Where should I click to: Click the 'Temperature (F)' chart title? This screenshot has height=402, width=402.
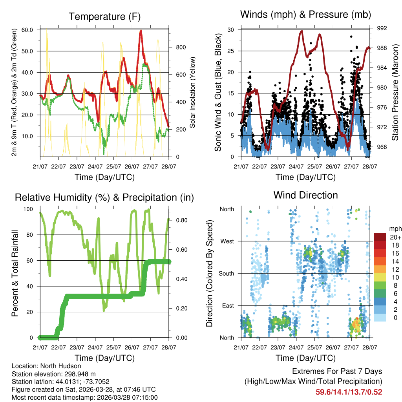(104, 16)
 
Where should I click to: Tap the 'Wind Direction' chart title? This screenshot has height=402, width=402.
(305, 195)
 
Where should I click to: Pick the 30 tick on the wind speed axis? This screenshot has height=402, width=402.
(231, 30)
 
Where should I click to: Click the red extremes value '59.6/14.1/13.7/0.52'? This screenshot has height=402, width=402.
(349, 392)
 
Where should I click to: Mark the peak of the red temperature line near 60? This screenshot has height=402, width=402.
(141, 31)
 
